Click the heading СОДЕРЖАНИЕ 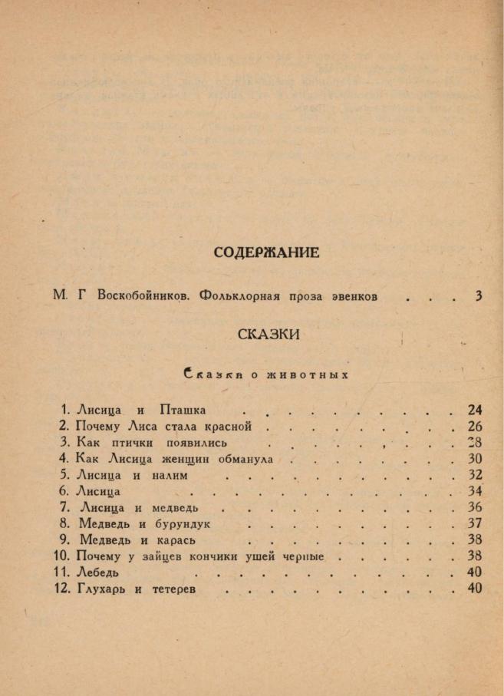pos(266,252)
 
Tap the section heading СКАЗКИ pos(268,335)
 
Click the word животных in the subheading pos(308,376)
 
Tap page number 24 pos(475,410)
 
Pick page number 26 pos(475,426)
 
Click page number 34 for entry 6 pos(475,491)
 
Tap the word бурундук pos(178,523)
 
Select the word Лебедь pos(97,572)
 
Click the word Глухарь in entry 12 pos(101,589)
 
